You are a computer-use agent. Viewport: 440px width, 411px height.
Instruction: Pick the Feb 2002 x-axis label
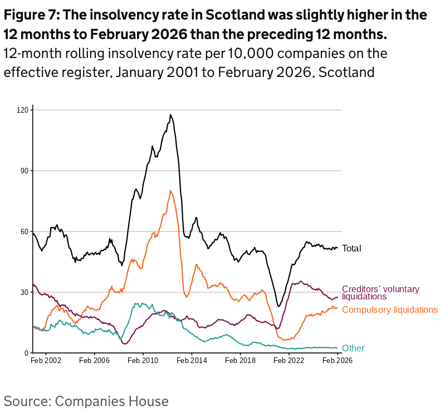45,361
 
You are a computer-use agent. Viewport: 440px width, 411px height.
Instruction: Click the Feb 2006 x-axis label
94,361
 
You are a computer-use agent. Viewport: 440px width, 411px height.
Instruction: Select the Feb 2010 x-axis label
143,361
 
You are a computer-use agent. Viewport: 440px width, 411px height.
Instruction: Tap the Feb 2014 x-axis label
192,361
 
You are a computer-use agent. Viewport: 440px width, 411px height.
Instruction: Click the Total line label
351,248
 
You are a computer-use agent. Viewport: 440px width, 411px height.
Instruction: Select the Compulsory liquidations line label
389,310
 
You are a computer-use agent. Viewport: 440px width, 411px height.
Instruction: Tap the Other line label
353,349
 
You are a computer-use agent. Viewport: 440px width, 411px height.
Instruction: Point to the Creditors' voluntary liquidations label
380,293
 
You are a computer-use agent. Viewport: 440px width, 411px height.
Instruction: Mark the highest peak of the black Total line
170,115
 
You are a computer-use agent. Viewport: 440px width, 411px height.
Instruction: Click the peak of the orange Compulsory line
170,191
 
